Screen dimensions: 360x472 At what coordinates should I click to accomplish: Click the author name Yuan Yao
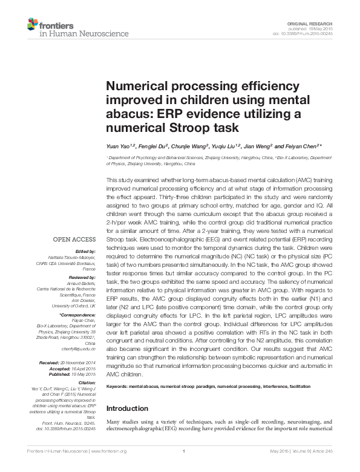click(x=119, y=146)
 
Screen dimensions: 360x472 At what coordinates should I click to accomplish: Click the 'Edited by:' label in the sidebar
click(x=87, y=251)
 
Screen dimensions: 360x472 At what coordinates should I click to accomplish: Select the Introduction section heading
click(x=128, y=408)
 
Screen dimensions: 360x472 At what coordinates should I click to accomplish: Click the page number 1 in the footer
click(x=182, y=467)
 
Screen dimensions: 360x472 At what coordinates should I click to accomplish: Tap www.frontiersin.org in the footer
click(x=110, y=467)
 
